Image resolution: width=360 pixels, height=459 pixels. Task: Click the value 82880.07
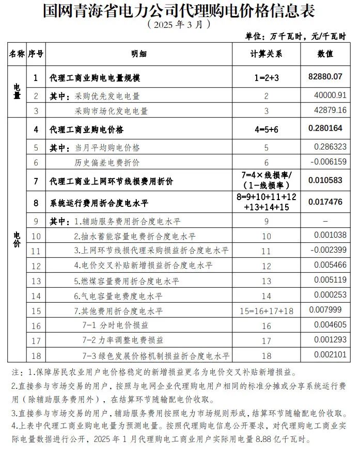[x=325, y=77]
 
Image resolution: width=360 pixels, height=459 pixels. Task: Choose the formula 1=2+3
[x=267, y=78]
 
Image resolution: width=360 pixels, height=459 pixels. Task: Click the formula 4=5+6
[x=267, y=130]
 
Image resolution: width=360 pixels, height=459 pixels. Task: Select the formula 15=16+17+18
[x=267, y=311]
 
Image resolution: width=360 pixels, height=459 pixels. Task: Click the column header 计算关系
[x=267, y=53]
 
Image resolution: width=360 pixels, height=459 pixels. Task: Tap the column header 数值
[x=324, y=53]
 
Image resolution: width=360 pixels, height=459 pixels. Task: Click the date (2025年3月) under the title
[x=179, y=24]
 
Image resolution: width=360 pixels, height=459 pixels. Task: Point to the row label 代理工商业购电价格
[x=86, y=130]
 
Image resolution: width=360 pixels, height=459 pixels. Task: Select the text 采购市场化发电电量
[x=111, y=111]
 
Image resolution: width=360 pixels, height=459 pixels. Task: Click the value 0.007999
[x=326, y=310]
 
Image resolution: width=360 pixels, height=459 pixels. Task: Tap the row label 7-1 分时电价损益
[x=115, y=325]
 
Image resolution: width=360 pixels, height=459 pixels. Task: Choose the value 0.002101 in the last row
[x=331, y=355]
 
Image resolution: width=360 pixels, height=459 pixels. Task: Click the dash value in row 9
[x=325, y=221]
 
